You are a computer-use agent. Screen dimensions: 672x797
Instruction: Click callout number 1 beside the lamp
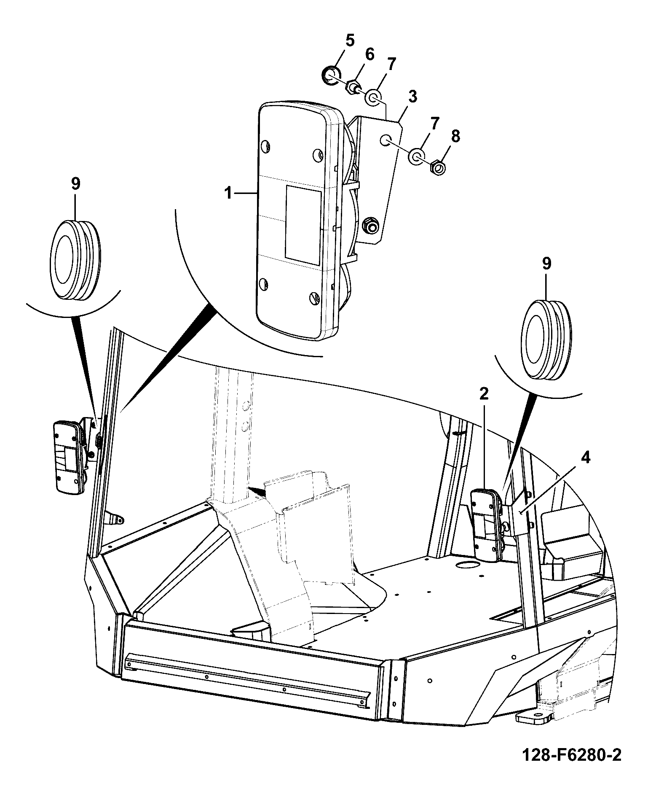(228, 194)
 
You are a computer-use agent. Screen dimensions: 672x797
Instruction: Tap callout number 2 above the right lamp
(484, 394)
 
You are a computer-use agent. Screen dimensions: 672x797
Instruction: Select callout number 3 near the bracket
(412, 97)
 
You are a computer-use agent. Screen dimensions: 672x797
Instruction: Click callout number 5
(350, 40)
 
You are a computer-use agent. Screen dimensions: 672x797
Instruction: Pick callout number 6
(369, 54)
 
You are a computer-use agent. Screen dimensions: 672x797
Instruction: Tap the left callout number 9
(75, 184)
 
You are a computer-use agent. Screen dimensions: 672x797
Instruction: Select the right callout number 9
(546, 264)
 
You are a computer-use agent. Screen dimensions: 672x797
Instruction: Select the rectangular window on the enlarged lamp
(303, 226)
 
